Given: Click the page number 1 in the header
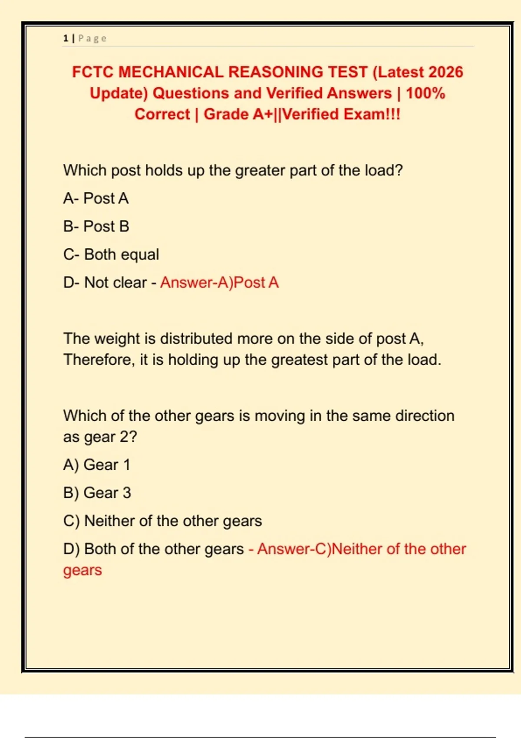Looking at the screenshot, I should [66, 38].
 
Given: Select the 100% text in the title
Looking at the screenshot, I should [425, 93].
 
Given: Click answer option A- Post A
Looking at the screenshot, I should [96, 198].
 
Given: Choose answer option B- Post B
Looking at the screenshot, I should [96, 227].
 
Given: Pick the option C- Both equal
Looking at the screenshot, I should [111, 254].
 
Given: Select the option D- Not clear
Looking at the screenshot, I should [105, 283].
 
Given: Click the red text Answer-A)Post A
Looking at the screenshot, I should [219, 283].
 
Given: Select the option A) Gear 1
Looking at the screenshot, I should [97, 465].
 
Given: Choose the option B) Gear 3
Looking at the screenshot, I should [97, 493].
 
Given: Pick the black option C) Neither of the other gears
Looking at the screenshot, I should [162, 521].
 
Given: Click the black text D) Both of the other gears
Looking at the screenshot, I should [153, 549].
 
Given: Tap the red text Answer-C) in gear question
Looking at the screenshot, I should [294, 549].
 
